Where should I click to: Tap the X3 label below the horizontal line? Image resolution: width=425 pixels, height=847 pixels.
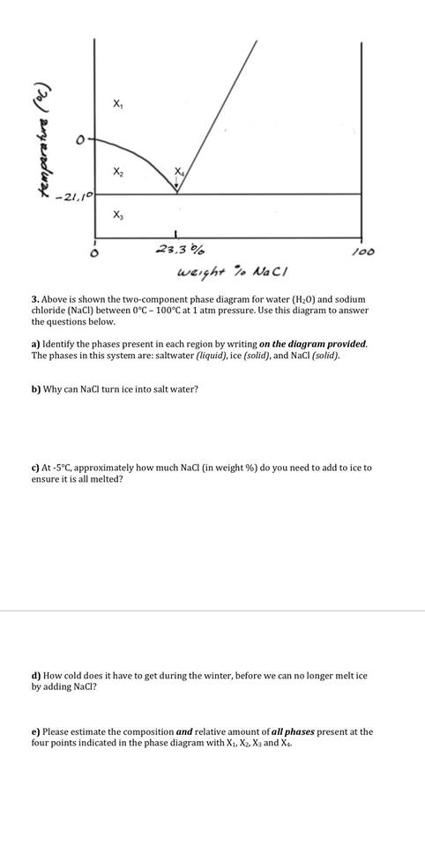tap(118, 215)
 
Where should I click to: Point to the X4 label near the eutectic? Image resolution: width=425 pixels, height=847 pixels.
tap(179, 170)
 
